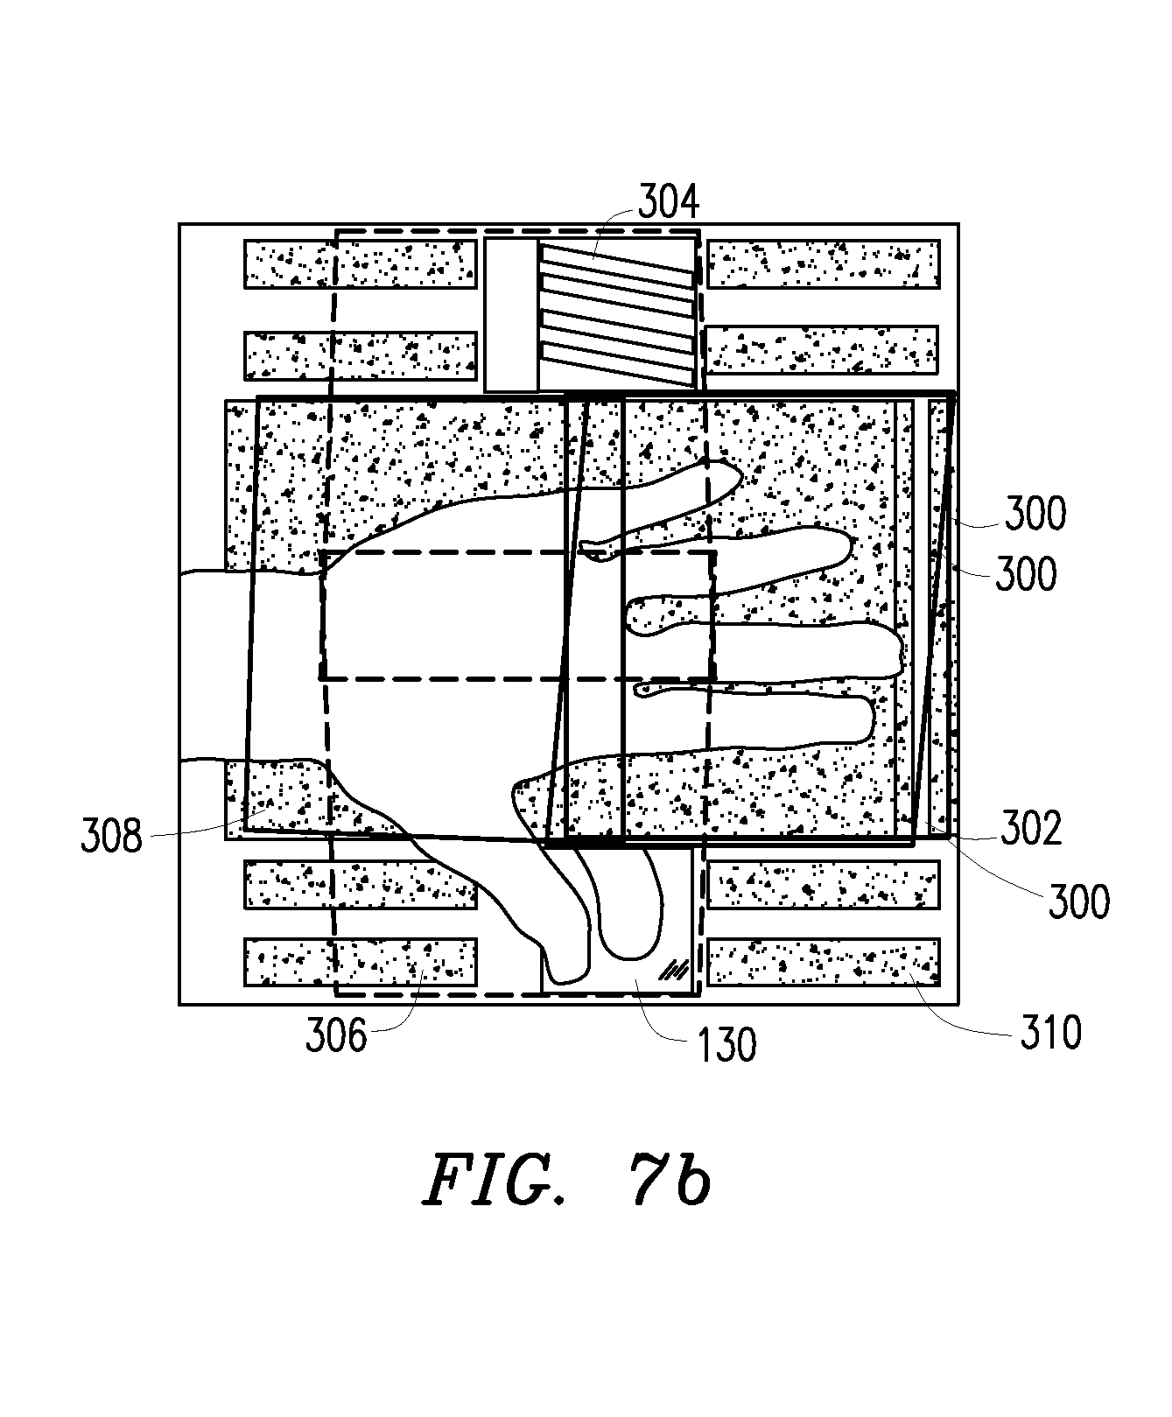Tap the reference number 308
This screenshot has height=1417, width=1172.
click(x=111, y=837)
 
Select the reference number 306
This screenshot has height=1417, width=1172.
click(x=336, y=1036)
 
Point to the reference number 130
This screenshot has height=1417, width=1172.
click(x=726, y=1044)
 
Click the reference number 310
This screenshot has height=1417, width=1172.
click(x=1051, y=1033)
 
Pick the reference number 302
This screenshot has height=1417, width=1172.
click(x=1031, y=829)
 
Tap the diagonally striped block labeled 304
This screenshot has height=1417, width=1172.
click(x=619, y=315)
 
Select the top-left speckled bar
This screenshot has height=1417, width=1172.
click(x=360, y=264)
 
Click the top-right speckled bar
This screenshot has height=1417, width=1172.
click(x=823, y=264)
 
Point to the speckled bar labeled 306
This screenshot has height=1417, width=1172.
click(x=360, y=962)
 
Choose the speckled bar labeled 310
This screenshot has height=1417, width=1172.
click(x=823, y=962)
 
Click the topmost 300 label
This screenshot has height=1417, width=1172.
click(x=1035, y=514)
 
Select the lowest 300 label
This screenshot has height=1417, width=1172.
click(x=1078, y=901)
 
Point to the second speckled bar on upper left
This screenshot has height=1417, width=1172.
click(x=360, y=355)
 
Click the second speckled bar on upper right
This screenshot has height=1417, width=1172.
click(x=821, y=350)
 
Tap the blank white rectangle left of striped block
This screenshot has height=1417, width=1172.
click(x=511, y=315)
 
